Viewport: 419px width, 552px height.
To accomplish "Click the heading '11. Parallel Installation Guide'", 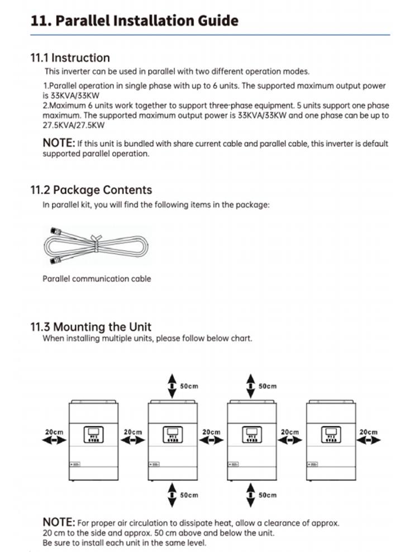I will [135, 21].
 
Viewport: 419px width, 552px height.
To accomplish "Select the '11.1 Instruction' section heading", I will [70, 58].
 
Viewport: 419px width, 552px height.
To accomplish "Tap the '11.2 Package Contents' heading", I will [91, 189].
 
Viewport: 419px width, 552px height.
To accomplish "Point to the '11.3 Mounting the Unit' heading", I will [91, 327].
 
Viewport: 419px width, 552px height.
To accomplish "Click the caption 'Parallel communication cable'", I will [97, 278].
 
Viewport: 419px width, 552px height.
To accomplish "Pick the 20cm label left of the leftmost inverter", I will [54, 432].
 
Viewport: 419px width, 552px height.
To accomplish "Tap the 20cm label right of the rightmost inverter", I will [368, 432].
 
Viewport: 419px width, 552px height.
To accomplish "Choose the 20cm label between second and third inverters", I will [211, 432].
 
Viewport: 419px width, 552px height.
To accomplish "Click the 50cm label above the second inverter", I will [189, 386].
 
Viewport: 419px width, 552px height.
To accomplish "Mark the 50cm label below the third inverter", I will [268, 495].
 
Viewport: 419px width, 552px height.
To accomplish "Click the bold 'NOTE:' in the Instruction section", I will [59, 143].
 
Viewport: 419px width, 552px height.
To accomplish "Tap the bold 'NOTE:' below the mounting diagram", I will [59, 522].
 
